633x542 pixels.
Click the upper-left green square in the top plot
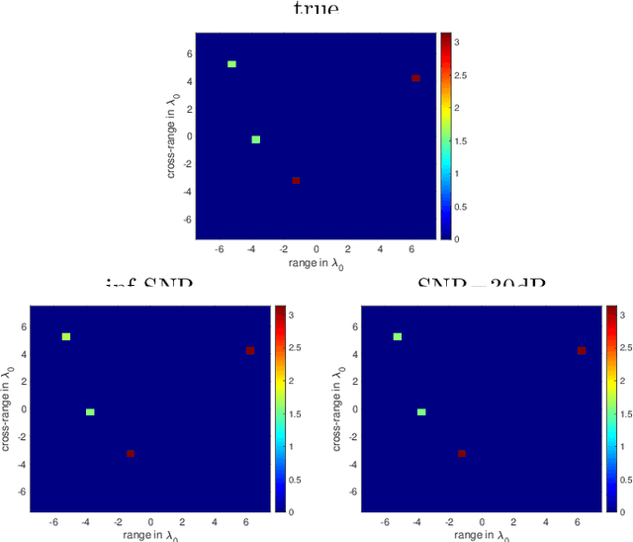(231, 64)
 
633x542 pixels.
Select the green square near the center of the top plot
(256, 139)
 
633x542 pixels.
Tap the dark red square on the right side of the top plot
(415, 78)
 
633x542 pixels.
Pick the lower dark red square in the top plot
(296, 180)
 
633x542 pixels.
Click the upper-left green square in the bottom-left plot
(66, 337)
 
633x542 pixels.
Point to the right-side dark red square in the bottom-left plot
(250, 350)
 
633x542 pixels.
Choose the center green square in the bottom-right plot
(421, 411)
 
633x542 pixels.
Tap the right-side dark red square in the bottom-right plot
(582, 350)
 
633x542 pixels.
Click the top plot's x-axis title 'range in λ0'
(316, 264)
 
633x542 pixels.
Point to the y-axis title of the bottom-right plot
(337, 408)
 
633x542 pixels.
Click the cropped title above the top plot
(316, 8)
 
